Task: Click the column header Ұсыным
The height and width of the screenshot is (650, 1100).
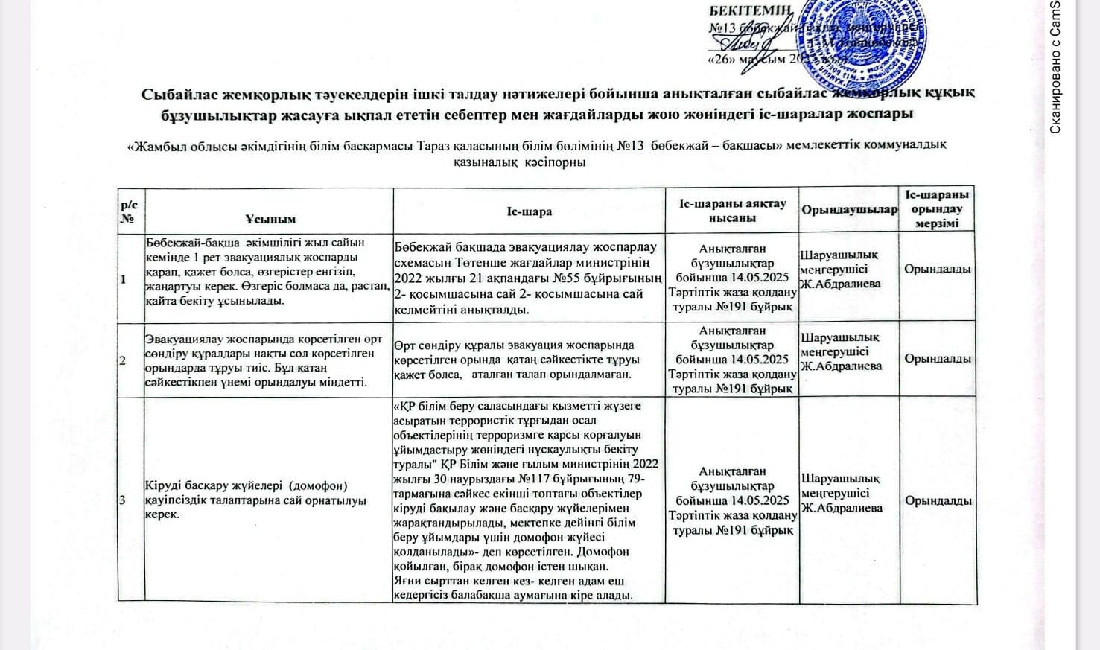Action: (270, 218)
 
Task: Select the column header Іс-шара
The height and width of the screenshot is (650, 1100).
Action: (529, 211)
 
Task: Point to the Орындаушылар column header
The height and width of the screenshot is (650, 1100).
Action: (849, 210)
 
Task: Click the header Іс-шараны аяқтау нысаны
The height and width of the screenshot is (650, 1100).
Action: (732, 210)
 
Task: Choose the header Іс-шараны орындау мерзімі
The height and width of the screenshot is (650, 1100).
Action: (938, 209)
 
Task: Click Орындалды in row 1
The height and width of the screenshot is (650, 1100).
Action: (938, 269)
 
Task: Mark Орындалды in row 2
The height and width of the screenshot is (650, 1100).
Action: (938, 358)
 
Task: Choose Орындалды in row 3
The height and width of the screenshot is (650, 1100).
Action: (938, 500)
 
